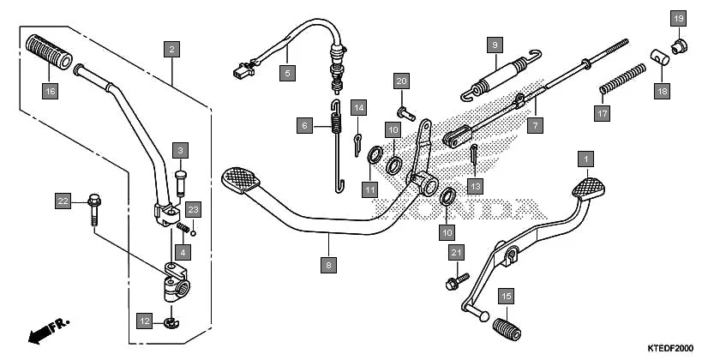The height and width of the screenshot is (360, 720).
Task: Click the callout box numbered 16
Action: pos(51,89)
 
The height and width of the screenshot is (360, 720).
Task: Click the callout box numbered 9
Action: pos(494,44)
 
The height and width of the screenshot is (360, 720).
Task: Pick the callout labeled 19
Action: pos(678,18)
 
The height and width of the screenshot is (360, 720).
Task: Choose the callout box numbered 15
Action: pos(507,296)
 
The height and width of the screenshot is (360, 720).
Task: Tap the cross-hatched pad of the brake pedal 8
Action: pos(243,178)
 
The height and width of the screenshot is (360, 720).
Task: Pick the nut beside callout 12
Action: pos(168,323)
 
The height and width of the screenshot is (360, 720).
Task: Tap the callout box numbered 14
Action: pos(358,107)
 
